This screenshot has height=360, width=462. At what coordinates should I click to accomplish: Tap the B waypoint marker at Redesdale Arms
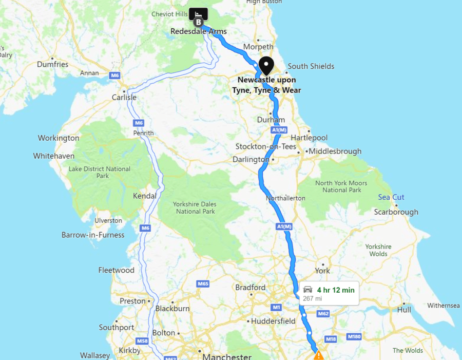tap(198, 22)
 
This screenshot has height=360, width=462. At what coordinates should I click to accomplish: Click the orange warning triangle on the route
tap(318, 355)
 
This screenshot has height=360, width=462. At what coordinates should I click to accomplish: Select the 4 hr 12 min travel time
tap(335, 290)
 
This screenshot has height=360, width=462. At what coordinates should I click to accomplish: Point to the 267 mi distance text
tap(312, 298)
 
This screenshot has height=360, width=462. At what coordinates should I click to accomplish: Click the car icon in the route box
tap(307, 290)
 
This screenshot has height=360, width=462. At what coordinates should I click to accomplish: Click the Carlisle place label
tap(124, 97)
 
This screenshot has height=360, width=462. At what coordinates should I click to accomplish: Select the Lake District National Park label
tap(100, 172)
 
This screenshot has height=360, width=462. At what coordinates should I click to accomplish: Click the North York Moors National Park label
tap(341, 186)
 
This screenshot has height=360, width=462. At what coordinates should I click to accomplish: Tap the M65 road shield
tap(203, 283)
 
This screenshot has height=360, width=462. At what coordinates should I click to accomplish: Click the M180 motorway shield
tap(354, 336)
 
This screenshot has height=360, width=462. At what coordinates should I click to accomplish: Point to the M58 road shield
tap(142, 341)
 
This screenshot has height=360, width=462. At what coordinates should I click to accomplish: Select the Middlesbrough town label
tap(335, 151)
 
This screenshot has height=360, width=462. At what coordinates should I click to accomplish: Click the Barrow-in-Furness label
tap(93, 235)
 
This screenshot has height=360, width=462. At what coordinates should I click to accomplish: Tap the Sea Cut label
tap(391, 197)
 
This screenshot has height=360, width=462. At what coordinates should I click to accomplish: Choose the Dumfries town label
tap(52, 65)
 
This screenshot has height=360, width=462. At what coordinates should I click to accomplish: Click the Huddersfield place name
tap(273, 321)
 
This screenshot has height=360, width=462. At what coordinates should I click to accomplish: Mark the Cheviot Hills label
tap(170, 14)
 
